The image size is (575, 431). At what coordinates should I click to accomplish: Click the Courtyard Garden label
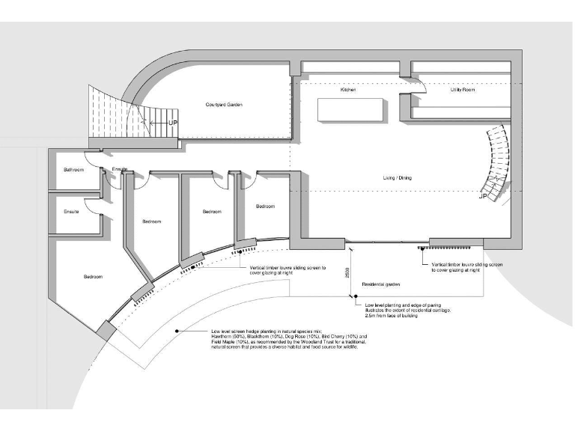224,105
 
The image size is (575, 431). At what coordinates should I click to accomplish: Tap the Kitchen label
347,90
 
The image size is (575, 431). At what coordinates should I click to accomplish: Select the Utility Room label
462,90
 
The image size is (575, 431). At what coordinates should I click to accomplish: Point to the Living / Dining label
396,177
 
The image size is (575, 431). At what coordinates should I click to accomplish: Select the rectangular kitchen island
352,110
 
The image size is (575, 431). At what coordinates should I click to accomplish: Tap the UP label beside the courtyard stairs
172,122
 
